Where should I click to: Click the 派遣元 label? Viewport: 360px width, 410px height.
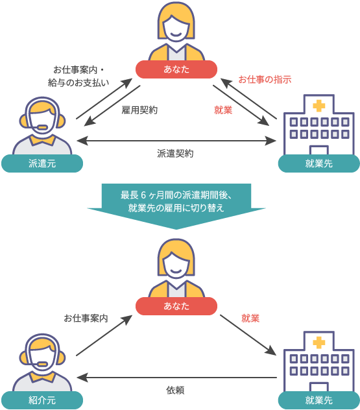42,164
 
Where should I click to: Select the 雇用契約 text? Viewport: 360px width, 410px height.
139,110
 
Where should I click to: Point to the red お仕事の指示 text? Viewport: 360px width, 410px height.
265,79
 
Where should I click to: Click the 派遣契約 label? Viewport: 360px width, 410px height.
175,154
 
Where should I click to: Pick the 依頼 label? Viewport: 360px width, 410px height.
176,390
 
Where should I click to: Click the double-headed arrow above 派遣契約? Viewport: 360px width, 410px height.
176,140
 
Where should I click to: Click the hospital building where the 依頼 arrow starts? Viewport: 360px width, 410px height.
318,361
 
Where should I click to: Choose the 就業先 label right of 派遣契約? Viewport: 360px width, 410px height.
318,164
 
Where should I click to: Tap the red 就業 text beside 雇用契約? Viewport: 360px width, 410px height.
223,110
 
